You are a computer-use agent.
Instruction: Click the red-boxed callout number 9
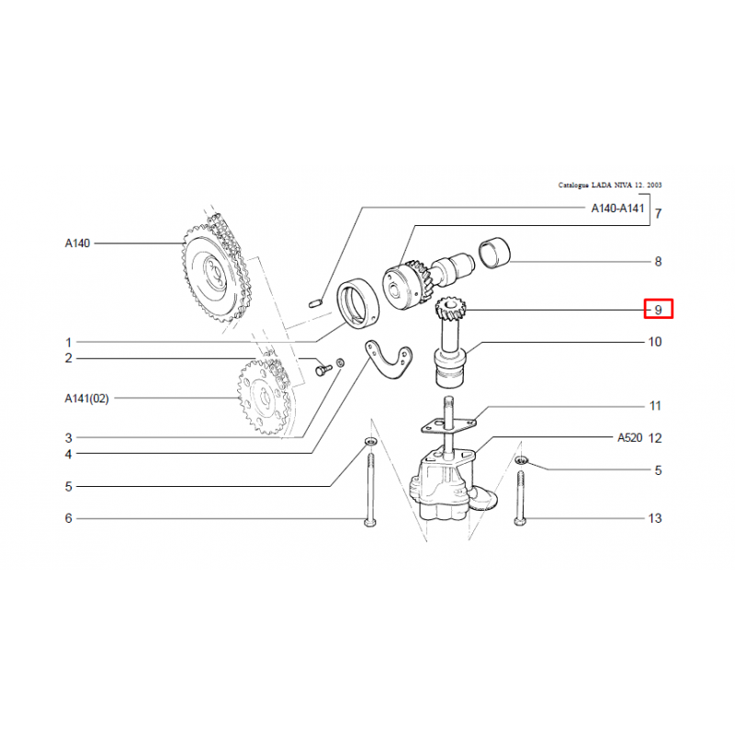[x=659, y=310]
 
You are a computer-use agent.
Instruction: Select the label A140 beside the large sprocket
[x=77, y=243]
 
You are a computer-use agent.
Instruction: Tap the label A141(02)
[x=86, y=398]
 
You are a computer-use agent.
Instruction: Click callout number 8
[x=657, y=262]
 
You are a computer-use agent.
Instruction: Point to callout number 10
[x=655, y=343]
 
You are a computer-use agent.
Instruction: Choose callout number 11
[x=655, y=406]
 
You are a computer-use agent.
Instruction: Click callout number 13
[x=655, y=518]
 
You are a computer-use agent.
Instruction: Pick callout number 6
[x=68, y=518]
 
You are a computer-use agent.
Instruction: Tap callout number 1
[x=68, y=342]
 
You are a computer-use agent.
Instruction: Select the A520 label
[x=629, y=437]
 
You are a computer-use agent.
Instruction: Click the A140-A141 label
[x=617, y=209]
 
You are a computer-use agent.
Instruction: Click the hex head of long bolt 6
[x=370, y=522]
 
